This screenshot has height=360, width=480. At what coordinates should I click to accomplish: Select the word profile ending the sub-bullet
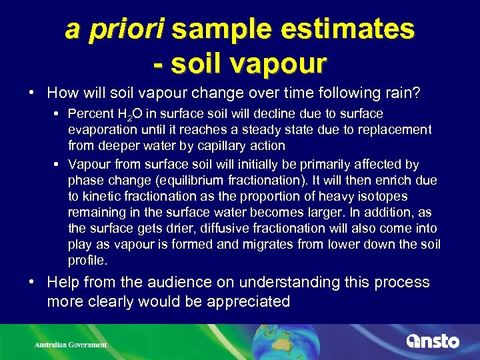pyautogui.click(x=87, y=259)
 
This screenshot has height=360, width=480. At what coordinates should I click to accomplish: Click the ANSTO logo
pyautogui.click(x=433, y=341)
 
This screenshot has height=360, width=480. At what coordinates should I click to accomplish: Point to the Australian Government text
pyautogui.click(x=71, y=345)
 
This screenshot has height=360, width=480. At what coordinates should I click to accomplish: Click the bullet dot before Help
pyautogui.click(x=32, y=282)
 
